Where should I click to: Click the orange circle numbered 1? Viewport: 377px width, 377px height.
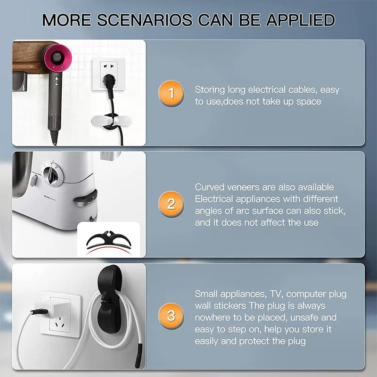pos(171,93)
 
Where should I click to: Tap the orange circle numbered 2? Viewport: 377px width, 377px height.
pos(171,204)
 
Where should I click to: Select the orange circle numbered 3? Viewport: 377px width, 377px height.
pos(171,316)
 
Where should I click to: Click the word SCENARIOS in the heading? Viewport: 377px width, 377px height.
pos(145,20)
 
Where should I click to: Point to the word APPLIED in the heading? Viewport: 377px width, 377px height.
pos(300,20)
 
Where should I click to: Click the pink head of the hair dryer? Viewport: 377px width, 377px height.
pos(57,57)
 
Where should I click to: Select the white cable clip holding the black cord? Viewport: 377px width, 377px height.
pos(111,121)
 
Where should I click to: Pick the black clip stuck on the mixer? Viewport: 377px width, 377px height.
pos(86,197)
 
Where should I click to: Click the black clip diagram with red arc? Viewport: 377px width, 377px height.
pos(109,242)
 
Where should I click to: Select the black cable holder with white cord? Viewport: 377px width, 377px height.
pos(110,299)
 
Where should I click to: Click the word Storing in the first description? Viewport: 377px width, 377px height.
pos(210,90)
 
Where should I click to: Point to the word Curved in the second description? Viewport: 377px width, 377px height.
pos(209,187)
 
